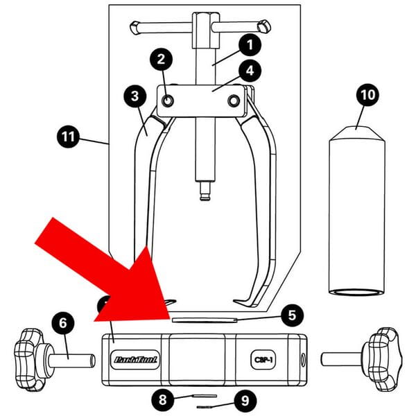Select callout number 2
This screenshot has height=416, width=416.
pyautogui.click(x=161, y=60)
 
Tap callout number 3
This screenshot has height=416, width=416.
pyautogui.click(x=135, y=96)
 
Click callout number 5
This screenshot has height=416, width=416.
pyautogui.click(x=293, y=315)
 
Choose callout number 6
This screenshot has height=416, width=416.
pyautogui.click(x=62, y=323)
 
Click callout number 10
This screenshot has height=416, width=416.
pyautogui.click(x=368, y=95)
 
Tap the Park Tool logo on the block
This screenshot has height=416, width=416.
pyautogui.click(x=136, y=359)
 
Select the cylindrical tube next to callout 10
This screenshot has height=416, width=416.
pyautogui.click(x=356, y=215)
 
